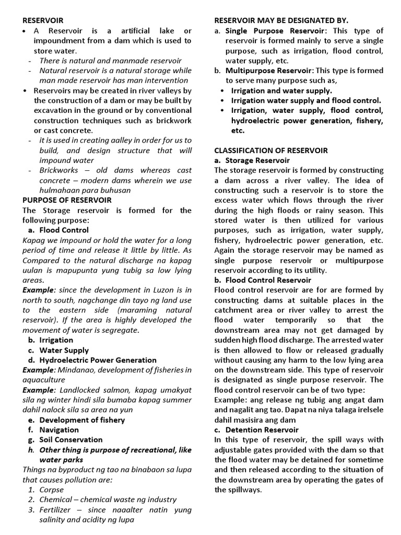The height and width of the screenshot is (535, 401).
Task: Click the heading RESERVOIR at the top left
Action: pos(42,20)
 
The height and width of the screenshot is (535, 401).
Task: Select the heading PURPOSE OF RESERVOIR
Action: pos(66,200)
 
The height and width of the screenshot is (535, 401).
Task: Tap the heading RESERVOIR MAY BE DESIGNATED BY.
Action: pos(281,20)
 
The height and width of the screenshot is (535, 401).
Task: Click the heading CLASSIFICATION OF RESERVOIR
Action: pos(271,150)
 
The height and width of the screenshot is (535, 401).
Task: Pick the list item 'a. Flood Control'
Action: pos(58,230)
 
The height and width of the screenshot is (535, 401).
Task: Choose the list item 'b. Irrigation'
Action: pos(51,340)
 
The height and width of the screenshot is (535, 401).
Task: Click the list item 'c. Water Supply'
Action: pos(58,350)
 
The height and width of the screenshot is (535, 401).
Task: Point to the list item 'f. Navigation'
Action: pos(54,430)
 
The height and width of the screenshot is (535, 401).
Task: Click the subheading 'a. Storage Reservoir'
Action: pos(252,160)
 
